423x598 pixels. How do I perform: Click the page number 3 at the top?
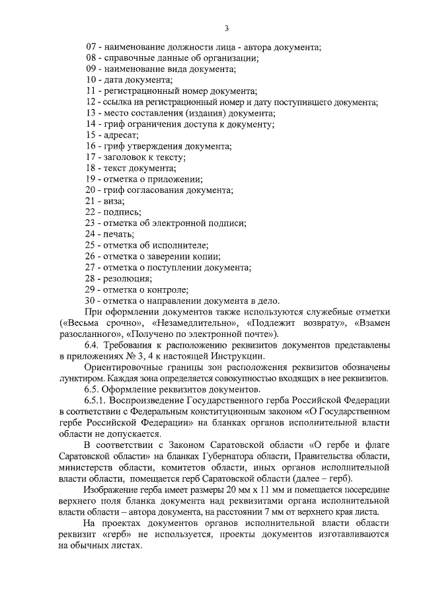pyautogui.click(x=227, y=28)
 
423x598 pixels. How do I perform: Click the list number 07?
pyautogui.click(x=92, y=47)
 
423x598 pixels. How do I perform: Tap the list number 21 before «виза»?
pyautogui.click(x=92, y=201)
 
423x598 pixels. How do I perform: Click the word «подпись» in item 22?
pyautogui.click(x=121, y=212)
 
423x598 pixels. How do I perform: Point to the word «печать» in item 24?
pyautogui.click(x=118, y=234)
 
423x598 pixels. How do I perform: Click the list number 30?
pyautogui.click(x=92, y=300)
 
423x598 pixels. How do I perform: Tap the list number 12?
pyautogui.click(x=92, y=102)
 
